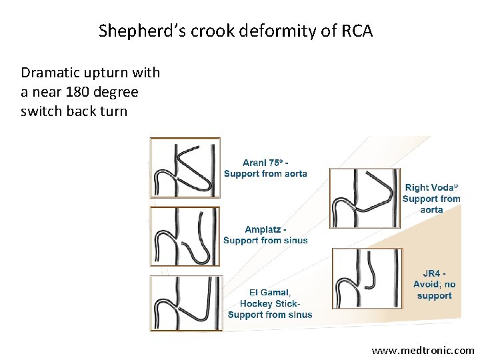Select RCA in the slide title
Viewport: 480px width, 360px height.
357,31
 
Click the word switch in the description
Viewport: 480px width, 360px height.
40,111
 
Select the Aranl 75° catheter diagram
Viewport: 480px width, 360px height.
185,168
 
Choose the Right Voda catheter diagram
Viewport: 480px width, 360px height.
364,197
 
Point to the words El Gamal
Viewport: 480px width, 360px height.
270,292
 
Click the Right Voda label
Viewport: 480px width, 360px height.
430,188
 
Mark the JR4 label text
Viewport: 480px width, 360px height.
433,273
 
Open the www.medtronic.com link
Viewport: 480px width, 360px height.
423,350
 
